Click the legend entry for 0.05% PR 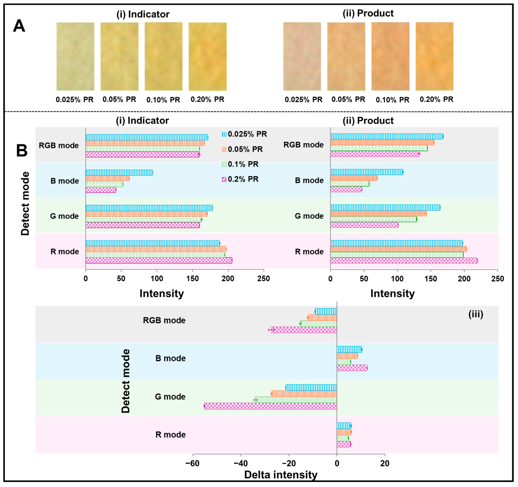(x=245, y=149)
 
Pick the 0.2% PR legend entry (x=243, y=179)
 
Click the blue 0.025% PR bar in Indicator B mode (x=119, y=173)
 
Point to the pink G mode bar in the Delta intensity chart (x=270, y=406)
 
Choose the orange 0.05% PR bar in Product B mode (x=354, y=178)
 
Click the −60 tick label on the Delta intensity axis (x=192, y=463)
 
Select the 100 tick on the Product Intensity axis (x=397, y=279)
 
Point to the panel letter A (x=19, y=26)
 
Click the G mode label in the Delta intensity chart (x=170, y=397)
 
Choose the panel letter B (x=22, y=150)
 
